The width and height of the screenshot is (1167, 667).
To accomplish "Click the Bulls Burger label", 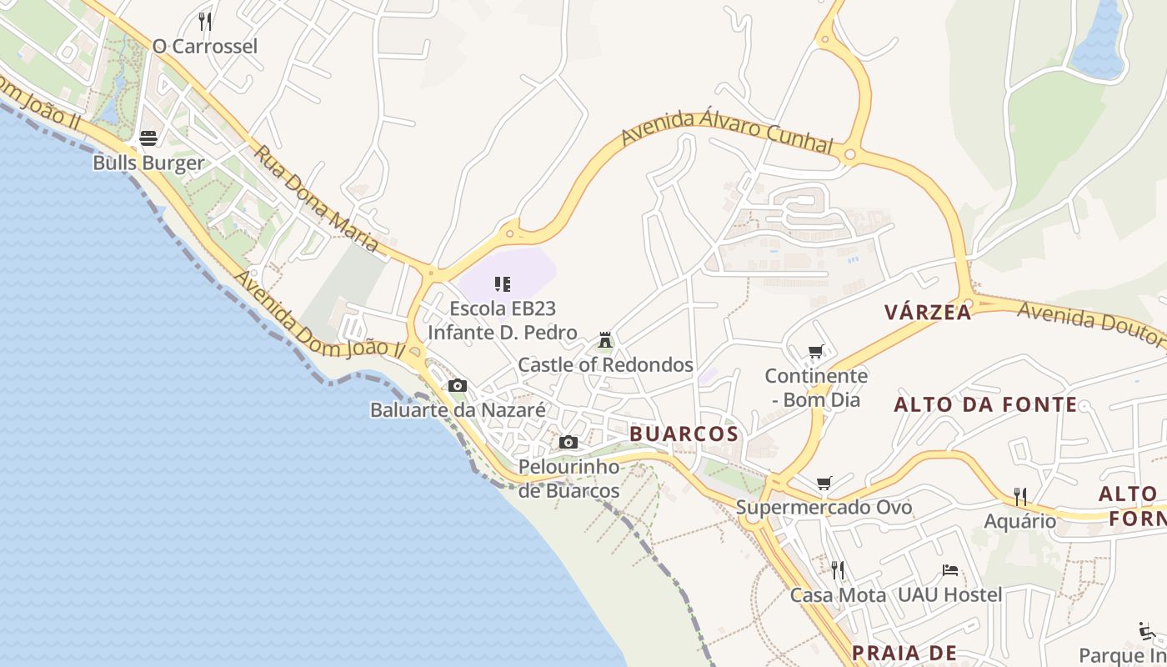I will (148, 163).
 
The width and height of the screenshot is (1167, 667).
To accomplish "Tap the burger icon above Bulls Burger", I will (148, 138).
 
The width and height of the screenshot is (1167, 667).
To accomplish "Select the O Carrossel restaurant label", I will (205, 46).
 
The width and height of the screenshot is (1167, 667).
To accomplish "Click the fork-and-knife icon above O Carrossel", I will (205, 21).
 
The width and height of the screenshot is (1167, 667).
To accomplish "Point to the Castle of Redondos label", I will (605, 365).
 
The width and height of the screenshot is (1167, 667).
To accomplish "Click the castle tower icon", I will (605, 340).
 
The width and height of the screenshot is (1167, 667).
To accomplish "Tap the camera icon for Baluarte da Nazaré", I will (457, 386).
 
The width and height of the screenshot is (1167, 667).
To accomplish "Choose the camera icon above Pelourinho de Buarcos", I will (568, 443).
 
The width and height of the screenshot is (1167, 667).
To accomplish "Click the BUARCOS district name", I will (684, 434).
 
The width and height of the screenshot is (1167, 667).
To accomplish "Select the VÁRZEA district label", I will (928, 313).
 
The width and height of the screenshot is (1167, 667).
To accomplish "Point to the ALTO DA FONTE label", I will (985, 405).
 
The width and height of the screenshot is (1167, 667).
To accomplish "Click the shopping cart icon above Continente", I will (816, 352).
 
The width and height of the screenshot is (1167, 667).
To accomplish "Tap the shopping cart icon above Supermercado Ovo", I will (824, 483).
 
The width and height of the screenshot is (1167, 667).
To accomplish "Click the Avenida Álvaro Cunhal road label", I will (728, 133).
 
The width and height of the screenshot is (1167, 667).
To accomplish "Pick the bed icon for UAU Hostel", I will (949, 570).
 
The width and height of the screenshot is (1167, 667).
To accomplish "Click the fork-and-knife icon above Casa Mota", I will (838, 570).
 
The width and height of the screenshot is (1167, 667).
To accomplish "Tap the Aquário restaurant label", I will (1019, 522).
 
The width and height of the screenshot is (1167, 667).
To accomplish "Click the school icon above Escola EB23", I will (502, 284).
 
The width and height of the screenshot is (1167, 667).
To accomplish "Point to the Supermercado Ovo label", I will (824, 507).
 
